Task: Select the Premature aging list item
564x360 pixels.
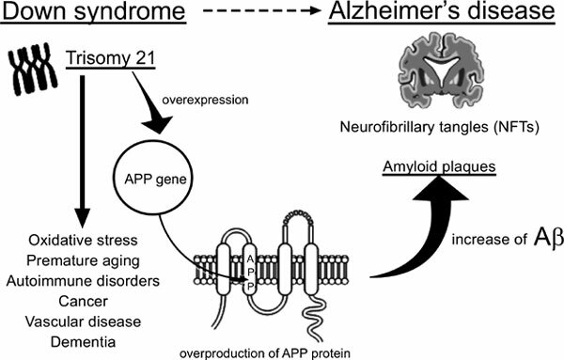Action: [79, 261]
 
